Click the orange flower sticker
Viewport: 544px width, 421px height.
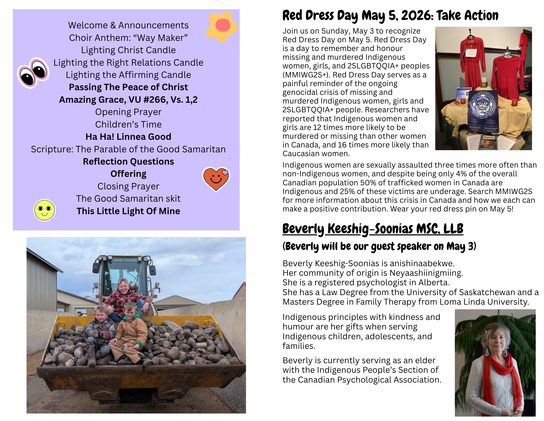pyautogui.click(x=222, y=26)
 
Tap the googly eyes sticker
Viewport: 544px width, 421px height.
pyautogui.click(x=33, y=72)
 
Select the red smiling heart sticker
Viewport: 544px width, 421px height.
pyautogui.click(x=216, y=179)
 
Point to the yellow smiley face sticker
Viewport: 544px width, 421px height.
pyautogui.click(x=44, y=210)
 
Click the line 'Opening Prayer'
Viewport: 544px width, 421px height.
pyautogui.click(x=128, y=112)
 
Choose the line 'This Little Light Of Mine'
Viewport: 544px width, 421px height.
pyautogui.click(x=128, y=211)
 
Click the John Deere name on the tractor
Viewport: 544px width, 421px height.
pyautogui.click(x=125, y=260)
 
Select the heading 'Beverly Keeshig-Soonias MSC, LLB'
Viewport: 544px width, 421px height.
pyautogui.click(x=373, y=229)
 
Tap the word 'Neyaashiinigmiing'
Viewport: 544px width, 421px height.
pyautogui.click(x=426, y=273)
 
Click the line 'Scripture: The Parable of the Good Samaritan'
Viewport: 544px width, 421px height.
pyautogui.click(x=128, y=149)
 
